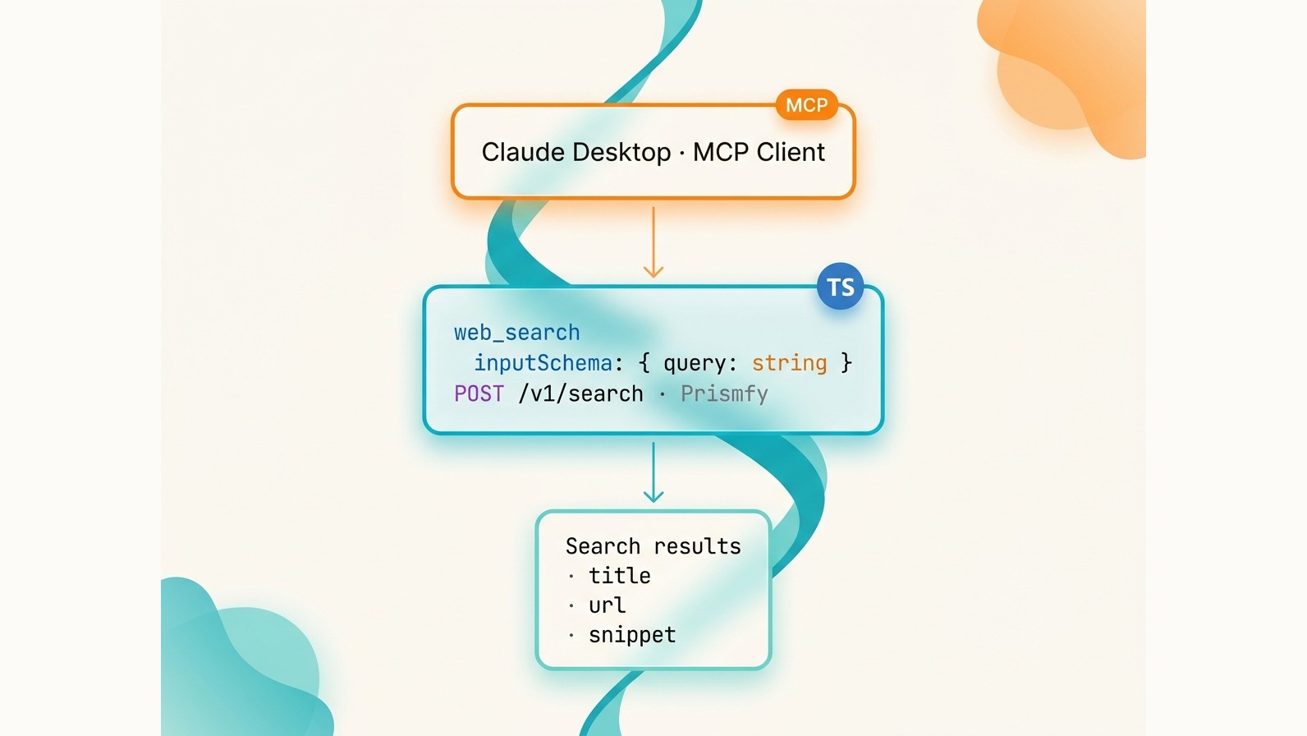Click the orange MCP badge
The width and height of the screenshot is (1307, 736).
click(806, 105)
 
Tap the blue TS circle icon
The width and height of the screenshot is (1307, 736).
click(840, 287)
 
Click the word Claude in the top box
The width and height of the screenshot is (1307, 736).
click(523, 152)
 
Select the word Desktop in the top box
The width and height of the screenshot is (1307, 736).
click(621, 152)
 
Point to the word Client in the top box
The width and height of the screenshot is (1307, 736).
click(791, 152)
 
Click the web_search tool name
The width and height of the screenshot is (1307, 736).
click(517, 333)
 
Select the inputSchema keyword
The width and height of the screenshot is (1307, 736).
click(543, 363)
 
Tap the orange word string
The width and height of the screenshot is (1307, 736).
click(789, 363)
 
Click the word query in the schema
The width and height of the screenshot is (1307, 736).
click(694, 363)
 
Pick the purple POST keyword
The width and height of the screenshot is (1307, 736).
click(479, 394)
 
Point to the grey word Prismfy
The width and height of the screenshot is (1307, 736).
click(724, 394)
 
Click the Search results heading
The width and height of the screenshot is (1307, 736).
click(653, 546)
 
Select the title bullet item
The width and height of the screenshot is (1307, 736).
click(619, 576)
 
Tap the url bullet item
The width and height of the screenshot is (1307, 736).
click(607, 605)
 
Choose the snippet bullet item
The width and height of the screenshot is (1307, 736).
click(632, 635)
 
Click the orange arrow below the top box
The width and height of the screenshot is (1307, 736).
click(653, 242)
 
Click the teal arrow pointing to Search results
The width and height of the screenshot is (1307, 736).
click(653, 472)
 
